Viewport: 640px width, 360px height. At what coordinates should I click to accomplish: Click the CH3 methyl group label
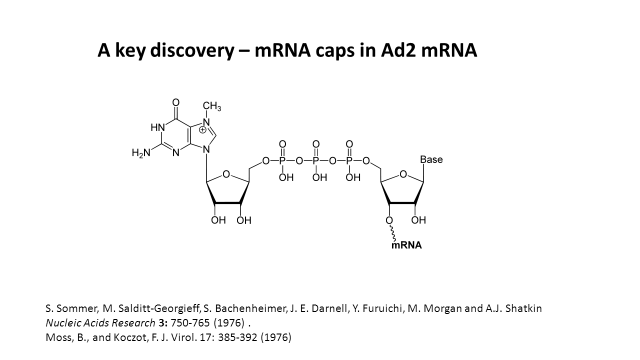coord(212,106)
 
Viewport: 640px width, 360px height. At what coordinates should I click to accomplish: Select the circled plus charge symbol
coord(202,130)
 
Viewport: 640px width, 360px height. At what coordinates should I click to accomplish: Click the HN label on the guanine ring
coord(157,127)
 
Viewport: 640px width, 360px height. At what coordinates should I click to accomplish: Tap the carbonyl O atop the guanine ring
coord(175,103)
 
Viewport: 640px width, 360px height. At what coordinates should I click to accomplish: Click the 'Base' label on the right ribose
coord(431,159)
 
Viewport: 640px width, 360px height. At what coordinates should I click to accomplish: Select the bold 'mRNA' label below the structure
coord(406,245)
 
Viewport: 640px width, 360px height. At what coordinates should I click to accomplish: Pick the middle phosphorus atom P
coord(316,161)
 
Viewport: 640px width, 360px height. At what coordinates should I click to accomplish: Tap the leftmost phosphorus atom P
coord(282,161)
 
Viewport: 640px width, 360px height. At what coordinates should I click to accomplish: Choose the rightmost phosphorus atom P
coord(349,161)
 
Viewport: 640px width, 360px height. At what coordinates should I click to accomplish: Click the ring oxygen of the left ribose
coord(226,174)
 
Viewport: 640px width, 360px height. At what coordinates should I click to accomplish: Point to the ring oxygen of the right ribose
coord(403,174)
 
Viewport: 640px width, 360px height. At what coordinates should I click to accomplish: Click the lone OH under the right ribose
coord(418,220)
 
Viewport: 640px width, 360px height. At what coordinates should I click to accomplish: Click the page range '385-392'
coord(239,337)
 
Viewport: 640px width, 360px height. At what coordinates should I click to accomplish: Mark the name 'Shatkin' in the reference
coord(524,308)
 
